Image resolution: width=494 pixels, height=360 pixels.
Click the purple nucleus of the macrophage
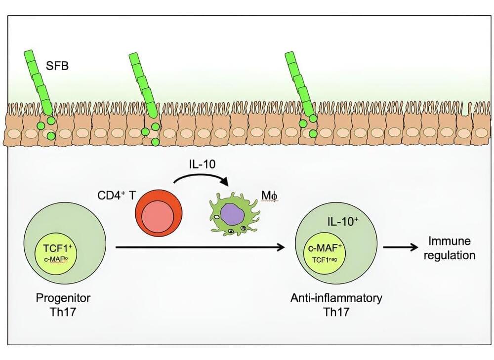(x=228, y=213)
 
